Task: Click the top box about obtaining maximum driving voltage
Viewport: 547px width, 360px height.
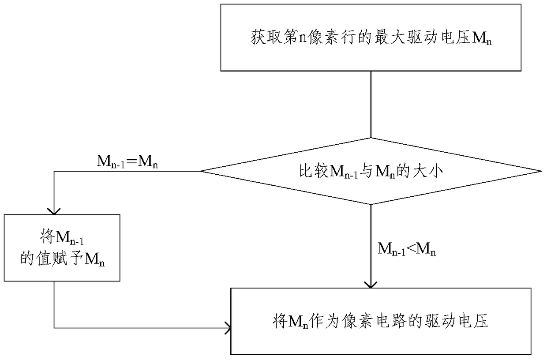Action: (x=371, y=37)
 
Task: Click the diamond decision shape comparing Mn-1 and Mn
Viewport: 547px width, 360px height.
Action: (x=371, y=171)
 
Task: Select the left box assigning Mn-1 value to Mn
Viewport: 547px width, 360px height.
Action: (x=62, y=247)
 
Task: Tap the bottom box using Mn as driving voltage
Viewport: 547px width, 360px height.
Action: (x=381, y=321)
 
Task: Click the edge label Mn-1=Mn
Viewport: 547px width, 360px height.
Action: (x=127, y=161)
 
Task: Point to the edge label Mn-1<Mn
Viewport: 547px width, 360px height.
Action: (x=407, y=249)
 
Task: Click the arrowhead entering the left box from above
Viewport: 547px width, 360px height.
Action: (x=54, y=211)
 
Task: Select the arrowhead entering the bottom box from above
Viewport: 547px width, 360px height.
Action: (x=371, y=285)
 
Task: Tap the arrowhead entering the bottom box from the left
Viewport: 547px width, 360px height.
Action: (x=228, y=328)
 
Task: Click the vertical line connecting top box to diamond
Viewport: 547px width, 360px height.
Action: (x=371, y=105)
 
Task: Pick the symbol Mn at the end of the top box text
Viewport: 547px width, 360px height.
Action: (x=482, y=38)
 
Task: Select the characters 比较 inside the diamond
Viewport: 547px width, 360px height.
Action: (x=314, y=171)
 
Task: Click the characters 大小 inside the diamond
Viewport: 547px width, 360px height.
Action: (x=428, y=171)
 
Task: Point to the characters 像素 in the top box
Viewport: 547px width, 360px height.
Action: (x=324, y=37)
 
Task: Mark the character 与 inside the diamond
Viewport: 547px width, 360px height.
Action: (x=366, y=171)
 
